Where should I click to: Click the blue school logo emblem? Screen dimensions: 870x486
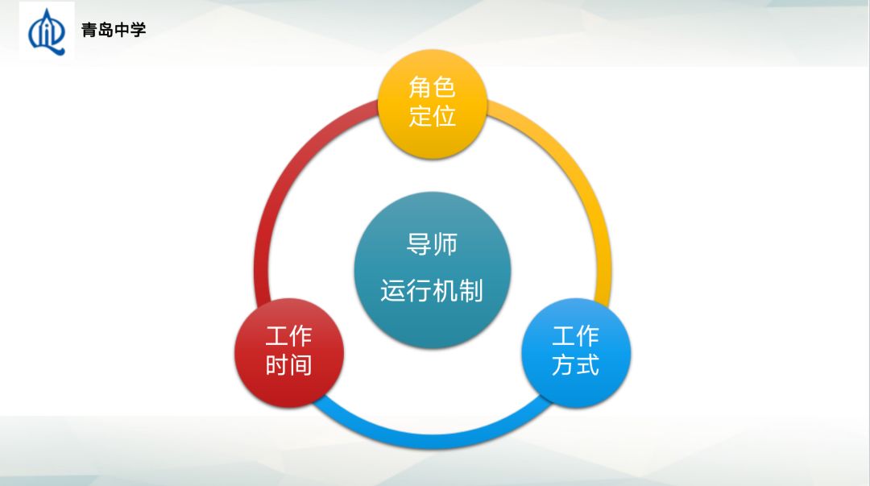(x=46, y=31)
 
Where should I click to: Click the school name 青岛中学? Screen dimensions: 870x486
(x=114, y=31)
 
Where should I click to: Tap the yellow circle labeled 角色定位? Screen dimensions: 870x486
(x=433, y=102)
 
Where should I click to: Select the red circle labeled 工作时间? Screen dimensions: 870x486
(x=288, y=351)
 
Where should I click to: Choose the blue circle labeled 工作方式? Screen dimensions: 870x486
(x=575, y=351)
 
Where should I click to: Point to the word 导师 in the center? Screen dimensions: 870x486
(x=433, y=243)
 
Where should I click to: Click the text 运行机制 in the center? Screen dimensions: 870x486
(x=433, y=290)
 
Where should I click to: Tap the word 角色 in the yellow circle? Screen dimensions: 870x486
(x=433, y=87)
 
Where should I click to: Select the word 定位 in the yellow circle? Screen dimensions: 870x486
(x=433, y=116)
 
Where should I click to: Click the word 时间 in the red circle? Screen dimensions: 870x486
(x=288, y=366)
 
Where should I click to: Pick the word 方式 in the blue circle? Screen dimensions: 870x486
(x=575, y=366)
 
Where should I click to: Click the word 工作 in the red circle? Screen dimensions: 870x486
(x=288, y=336)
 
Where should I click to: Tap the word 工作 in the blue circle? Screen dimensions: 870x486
(x=575, y=336)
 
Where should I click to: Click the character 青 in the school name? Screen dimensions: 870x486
(x=89, y=31)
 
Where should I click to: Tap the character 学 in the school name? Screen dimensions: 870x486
(x=138, y=31)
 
